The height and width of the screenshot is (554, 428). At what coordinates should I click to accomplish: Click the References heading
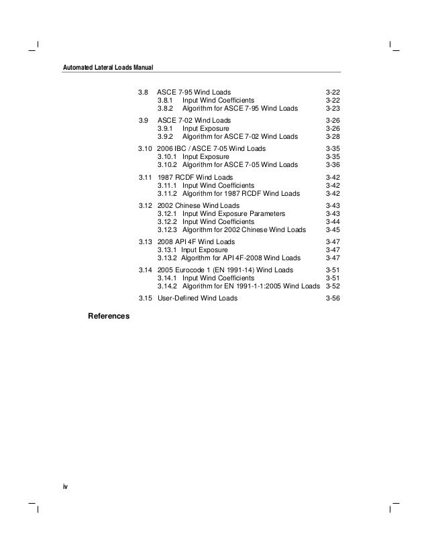click(x=109, y=315)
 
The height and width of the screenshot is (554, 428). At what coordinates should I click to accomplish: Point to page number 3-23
click(x=332, y=107)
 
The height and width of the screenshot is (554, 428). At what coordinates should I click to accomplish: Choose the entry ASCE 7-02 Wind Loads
click(x=195, y=119)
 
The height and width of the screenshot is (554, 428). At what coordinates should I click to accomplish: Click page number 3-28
click(x=332, y=136)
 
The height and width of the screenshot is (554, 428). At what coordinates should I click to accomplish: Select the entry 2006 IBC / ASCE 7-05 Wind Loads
click(x=211, y=148)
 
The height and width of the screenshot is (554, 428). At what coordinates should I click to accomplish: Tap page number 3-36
click(x=332, y=165)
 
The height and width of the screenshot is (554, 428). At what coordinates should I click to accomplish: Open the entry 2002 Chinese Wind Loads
click(x=198, y=205)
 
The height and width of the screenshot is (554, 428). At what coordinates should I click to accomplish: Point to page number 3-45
click(x=332, y=230)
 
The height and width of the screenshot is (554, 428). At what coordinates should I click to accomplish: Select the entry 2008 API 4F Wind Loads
click(x=195, y=241)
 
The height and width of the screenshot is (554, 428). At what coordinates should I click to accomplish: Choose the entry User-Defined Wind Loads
click(x=197, y=298)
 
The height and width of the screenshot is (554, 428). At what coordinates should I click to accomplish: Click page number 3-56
click(x=332, y=298)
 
